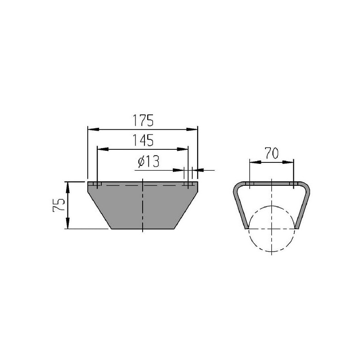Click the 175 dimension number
pyautogui.click(x=143, y=121)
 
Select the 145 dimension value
pyautogui.click(x=143, y=140)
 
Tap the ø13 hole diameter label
pyautogui.click(x=148, y=162)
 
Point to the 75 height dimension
pyautogui.click(x=59, y=205)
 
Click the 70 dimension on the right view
pyautogui.click(x=272, y=153)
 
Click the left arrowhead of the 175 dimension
pyautogui.click(x=94, y=130)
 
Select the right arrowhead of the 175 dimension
pyautogui.click(x=192, y=130)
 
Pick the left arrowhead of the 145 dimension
pyautogui.click(x=103, y=149)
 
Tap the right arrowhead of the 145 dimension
pyautogui.click(x=183, y=149)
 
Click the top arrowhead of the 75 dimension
pyautogui.click(x=68, y=187)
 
